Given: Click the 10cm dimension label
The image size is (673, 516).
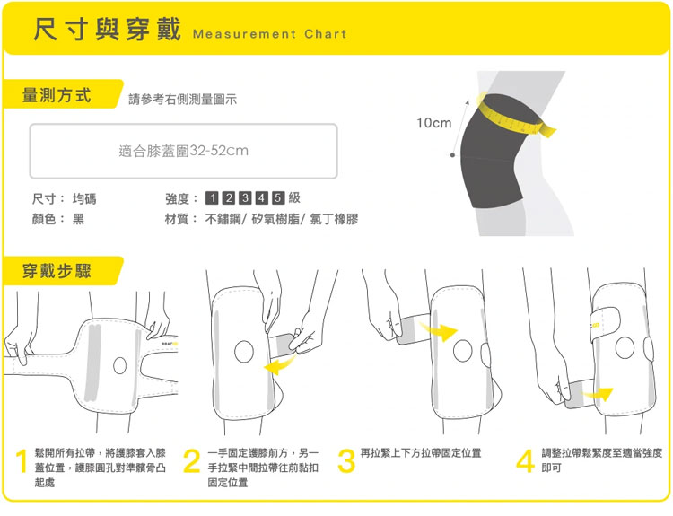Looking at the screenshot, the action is pyautogui.click(x=434, y=123).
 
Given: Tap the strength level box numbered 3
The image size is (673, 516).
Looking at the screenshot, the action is pyautogui.click(x=245, y=198).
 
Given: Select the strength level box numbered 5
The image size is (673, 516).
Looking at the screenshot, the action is pyautogui.click(x=278, y=198).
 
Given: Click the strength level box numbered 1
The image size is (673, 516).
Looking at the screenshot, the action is pyautogui.click(x=212, y=198).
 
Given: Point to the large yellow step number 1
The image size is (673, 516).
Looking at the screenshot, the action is pyautogui.click(x=22, y=461).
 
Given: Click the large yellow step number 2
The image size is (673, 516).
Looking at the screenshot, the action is pyautogui.click(x=192, y=461).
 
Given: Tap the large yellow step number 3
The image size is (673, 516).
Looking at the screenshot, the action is pyautogui.click(x=346, y=461).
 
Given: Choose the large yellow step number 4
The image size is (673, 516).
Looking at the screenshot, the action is pyautogui.click(x=525, y=461).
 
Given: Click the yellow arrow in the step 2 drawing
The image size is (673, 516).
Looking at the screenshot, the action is pyautogui.click(x=279, y=365).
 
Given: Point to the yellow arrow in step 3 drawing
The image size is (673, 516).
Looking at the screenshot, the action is pyautogui.click(x=439, y=331).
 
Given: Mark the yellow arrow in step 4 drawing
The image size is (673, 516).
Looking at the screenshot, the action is pyautogui.click(x=599, y=394).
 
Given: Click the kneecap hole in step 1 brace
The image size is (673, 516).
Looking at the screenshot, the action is pyautogui.click(x=119, y=366).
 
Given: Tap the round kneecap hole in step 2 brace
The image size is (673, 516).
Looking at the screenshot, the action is pyautogui.click(x=244, y=351).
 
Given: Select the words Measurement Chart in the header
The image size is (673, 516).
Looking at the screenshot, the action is pyautogui.click(x=269, y=34).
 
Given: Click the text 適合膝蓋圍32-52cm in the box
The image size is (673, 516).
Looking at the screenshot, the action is pyautogui.click(x=183, y=151).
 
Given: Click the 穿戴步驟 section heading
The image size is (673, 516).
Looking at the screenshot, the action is pyautogui.click(x=57, y=271).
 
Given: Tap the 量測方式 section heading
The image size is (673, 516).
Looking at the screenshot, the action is pyautogui.click(x=57, y=95).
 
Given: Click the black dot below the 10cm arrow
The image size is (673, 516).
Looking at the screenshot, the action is pyautogui.click(x=452, y=155).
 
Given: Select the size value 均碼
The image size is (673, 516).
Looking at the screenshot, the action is pyautogui.click(x=84, y=198).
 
